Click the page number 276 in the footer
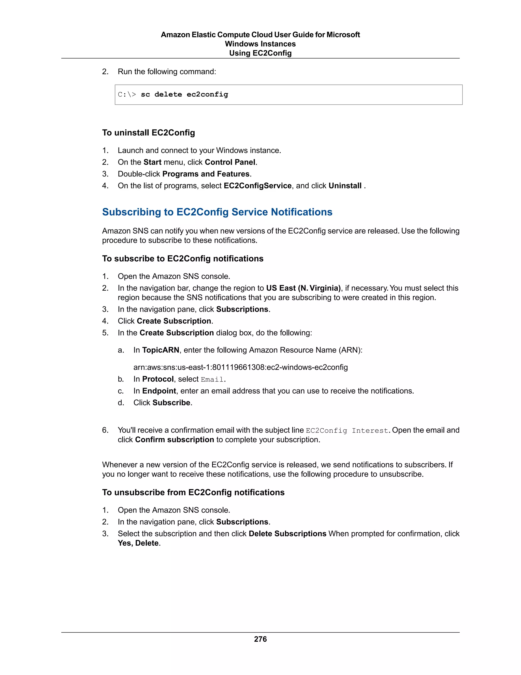(260, 639)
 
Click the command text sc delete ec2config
(184, 94)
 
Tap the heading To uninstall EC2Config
(149, 133)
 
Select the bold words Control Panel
(230, 162)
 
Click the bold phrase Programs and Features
(206, 174)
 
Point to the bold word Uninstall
(345, 186)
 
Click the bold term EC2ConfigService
(257, 186)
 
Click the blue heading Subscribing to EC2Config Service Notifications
(217, 212)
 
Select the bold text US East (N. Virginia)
(303, 288)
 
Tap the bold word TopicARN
(161, 350)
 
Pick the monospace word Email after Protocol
(212, 380)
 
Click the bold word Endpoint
(159, 391)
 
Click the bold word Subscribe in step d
(171, 403)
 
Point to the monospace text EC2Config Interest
(347, 430)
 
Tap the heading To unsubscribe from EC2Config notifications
(193, 492)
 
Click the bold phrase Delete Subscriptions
(287, 534)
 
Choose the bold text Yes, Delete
(138, 543)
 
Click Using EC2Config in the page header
(260, 53)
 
